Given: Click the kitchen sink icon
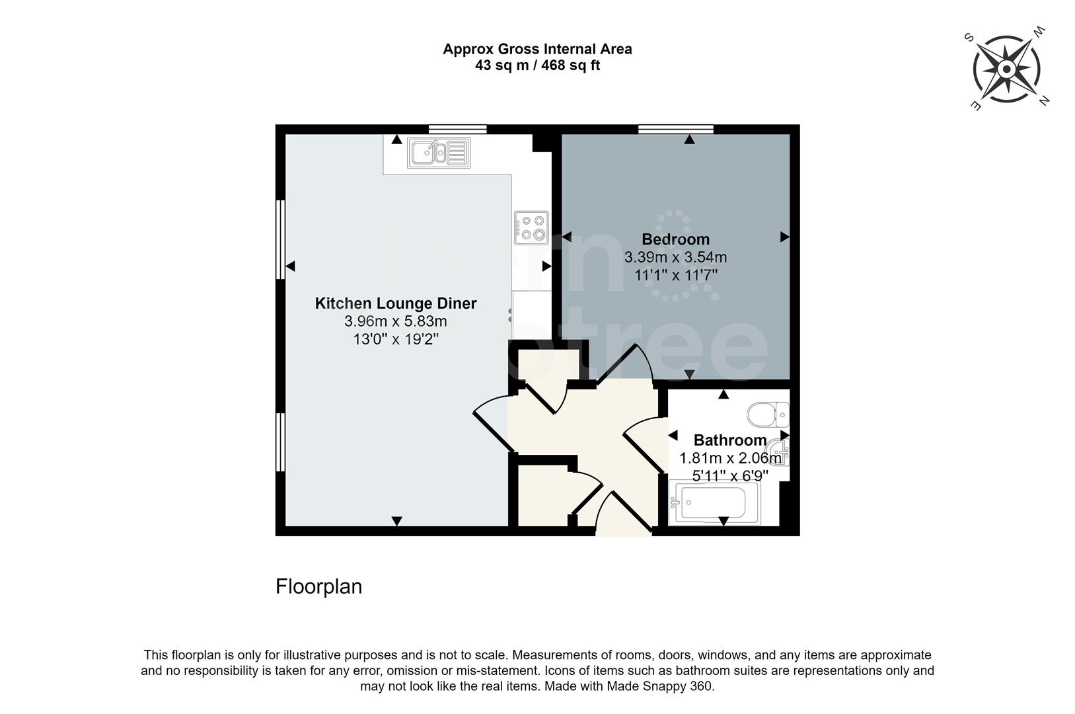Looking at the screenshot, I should tap(439, 153).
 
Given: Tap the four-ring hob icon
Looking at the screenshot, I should tap(532, 227).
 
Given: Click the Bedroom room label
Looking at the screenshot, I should tap(675, 239).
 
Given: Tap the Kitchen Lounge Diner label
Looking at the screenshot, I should tap(395, 303).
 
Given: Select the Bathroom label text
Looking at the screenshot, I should tap(729, 440).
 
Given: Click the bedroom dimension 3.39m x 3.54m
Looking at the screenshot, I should tap(675, 257).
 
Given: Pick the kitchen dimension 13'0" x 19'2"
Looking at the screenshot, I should tap(395, 339).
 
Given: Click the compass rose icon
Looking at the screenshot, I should tap(1006, 69).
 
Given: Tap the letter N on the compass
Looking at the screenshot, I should tap(1044, 101).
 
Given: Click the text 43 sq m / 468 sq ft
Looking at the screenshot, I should tap(537, 65).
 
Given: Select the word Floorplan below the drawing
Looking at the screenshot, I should tap(318, 586).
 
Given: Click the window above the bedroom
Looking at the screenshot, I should tap(675, 129).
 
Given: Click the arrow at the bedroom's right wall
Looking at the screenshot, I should tap(784, 237).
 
